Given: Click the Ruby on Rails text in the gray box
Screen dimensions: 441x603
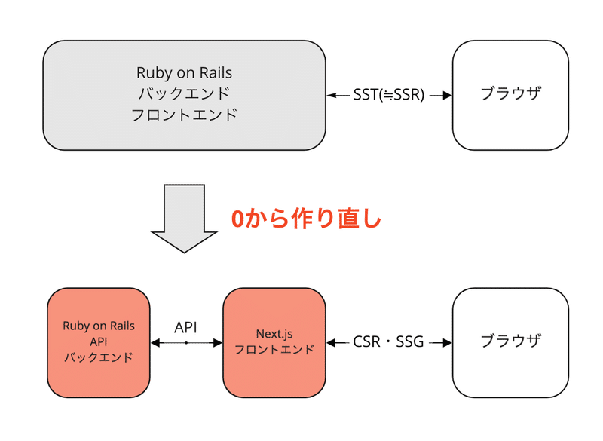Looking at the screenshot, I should tap(184, 73).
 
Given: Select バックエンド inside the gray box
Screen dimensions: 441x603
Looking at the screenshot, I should tap(184, 94).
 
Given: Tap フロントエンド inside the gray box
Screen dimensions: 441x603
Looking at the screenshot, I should tap(184, 115).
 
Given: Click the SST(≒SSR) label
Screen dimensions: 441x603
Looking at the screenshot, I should tap(389, 95).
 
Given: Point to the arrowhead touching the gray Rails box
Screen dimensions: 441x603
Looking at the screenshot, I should tap(331, 95).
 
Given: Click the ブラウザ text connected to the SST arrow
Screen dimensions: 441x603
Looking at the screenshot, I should tap(510, 95).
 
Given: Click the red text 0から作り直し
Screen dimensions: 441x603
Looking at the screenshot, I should tap(306, 219).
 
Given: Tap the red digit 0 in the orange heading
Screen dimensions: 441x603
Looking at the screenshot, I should tap(237, 219).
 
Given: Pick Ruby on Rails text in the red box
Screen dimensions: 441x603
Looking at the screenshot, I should tap(98, 326).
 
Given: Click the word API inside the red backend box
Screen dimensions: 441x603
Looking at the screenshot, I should tap(98, 341).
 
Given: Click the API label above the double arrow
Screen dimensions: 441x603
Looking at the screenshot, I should tap(186, 327).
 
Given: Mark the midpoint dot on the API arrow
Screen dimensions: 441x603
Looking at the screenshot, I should tap(186, 343).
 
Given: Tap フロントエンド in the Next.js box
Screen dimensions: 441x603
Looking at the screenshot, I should tap(274, 350).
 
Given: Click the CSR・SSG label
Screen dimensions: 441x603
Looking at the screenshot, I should tap(389, 342).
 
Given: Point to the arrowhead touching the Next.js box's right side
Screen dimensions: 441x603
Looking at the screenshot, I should tap(331, 342).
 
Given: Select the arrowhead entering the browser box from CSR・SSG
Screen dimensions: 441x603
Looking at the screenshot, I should tap(447, 342).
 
